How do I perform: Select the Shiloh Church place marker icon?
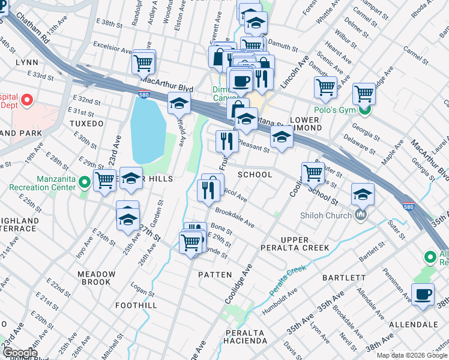point(361,215)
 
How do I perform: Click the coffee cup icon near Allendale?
point(423,295)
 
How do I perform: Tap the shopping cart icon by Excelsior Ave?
point(143,61)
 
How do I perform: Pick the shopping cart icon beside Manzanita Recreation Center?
point(104,179)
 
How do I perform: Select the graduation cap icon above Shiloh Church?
point(363,194)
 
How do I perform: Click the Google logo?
point(19,353)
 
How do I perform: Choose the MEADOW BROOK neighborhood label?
point(96,278)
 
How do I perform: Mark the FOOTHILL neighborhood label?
point(136,305)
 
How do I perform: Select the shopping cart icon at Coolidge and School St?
point(313,173)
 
